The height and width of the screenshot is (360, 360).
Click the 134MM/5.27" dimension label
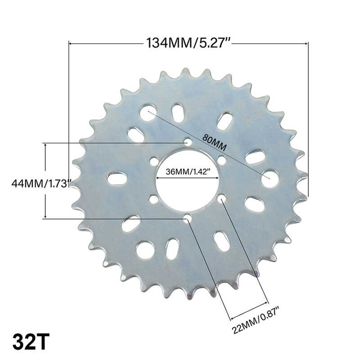pyautogui.click(x=188, y=43)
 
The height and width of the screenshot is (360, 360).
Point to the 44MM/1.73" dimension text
pyautogui.click(x=41, y=184)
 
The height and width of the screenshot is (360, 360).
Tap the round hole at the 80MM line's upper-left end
pyautogui.click(x=148, y=112)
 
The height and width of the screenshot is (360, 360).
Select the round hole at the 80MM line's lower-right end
pyautogui.click(x=270, y=179)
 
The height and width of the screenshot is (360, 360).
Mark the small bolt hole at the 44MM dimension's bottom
pyautogui.click(x=187, y=218)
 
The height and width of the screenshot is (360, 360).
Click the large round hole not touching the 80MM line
pyautogui.click(x=145, y=250)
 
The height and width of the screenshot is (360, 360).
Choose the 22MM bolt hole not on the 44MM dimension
pyautogui.click(x=221, y=198)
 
